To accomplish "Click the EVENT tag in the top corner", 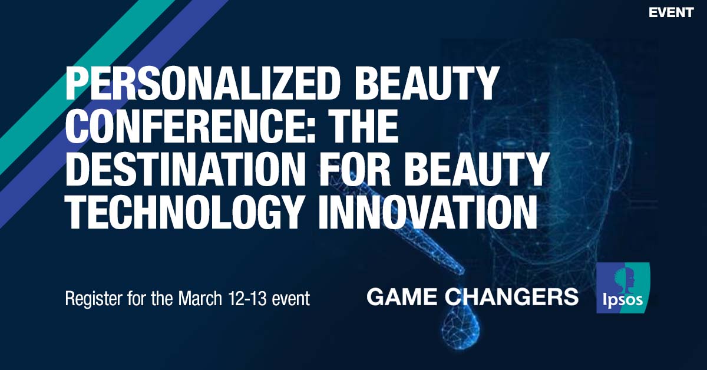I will pyautogui.click(x=670, y=12).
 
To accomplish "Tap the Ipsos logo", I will pyautogui.click(x=623, y=287).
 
